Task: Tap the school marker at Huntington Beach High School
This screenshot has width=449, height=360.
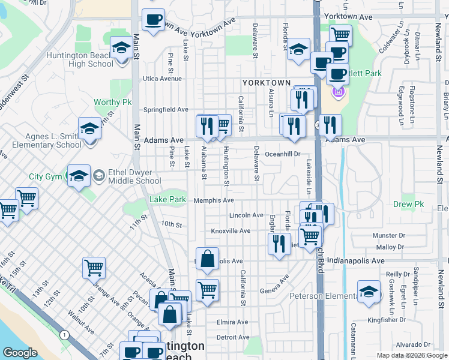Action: click(121, 49)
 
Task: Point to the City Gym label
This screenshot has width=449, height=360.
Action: click(45, 176)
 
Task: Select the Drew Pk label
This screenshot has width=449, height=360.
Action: click(409, 205)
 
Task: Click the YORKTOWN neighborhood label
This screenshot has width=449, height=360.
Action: click(267, 82)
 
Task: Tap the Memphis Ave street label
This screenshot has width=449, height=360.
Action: click(213, 200)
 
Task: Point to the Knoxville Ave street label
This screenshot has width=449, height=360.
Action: click(231, 231)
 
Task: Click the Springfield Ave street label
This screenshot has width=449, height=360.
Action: click(166, 110)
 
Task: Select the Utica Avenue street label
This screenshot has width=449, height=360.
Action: click(162, 79)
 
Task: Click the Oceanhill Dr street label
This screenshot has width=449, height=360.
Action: click(282, 154)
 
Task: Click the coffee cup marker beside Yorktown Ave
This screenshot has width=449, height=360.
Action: click(153, 20)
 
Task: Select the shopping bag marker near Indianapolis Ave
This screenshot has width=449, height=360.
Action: click(207, 259)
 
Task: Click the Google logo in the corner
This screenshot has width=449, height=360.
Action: click(20, 352)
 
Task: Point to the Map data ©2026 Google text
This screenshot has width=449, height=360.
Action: click(412, 355)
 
